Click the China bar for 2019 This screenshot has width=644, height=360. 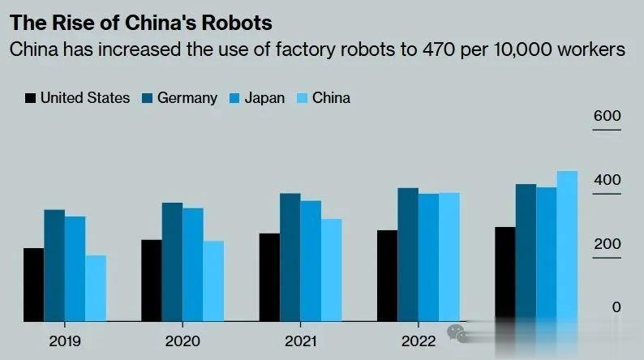[x=96, y=288]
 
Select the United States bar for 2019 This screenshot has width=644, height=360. [x=33, y=284]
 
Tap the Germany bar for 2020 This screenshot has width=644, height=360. [x=172, y=261]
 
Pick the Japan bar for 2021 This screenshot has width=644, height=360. [x=311, y=260]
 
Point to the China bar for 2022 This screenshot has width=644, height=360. [x=449, y=256]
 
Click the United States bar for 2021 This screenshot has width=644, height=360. [x=269, y=276]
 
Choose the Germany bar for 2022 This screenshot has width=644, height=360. [x=408, y=254]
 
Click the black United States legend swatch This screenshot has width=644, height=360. [x=31, y=98]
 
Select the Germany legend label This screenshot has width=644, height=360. [x=187, y=98]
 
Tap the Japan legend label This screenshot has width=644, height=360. [x=265, y=98]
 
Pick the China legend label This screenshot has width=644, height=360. [x=332, y=98]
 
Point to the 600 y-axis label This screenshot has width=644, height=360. [x=607, y=117]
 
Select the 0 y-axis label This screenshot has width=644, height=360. [x=616, y=307]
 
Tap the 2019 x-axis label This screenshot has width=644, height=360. [x=65, y=341]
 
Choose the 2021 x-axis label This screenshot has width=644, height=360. [x=300, y=341]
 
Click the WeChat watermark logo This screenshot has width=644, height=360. [x=458, y=333]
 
